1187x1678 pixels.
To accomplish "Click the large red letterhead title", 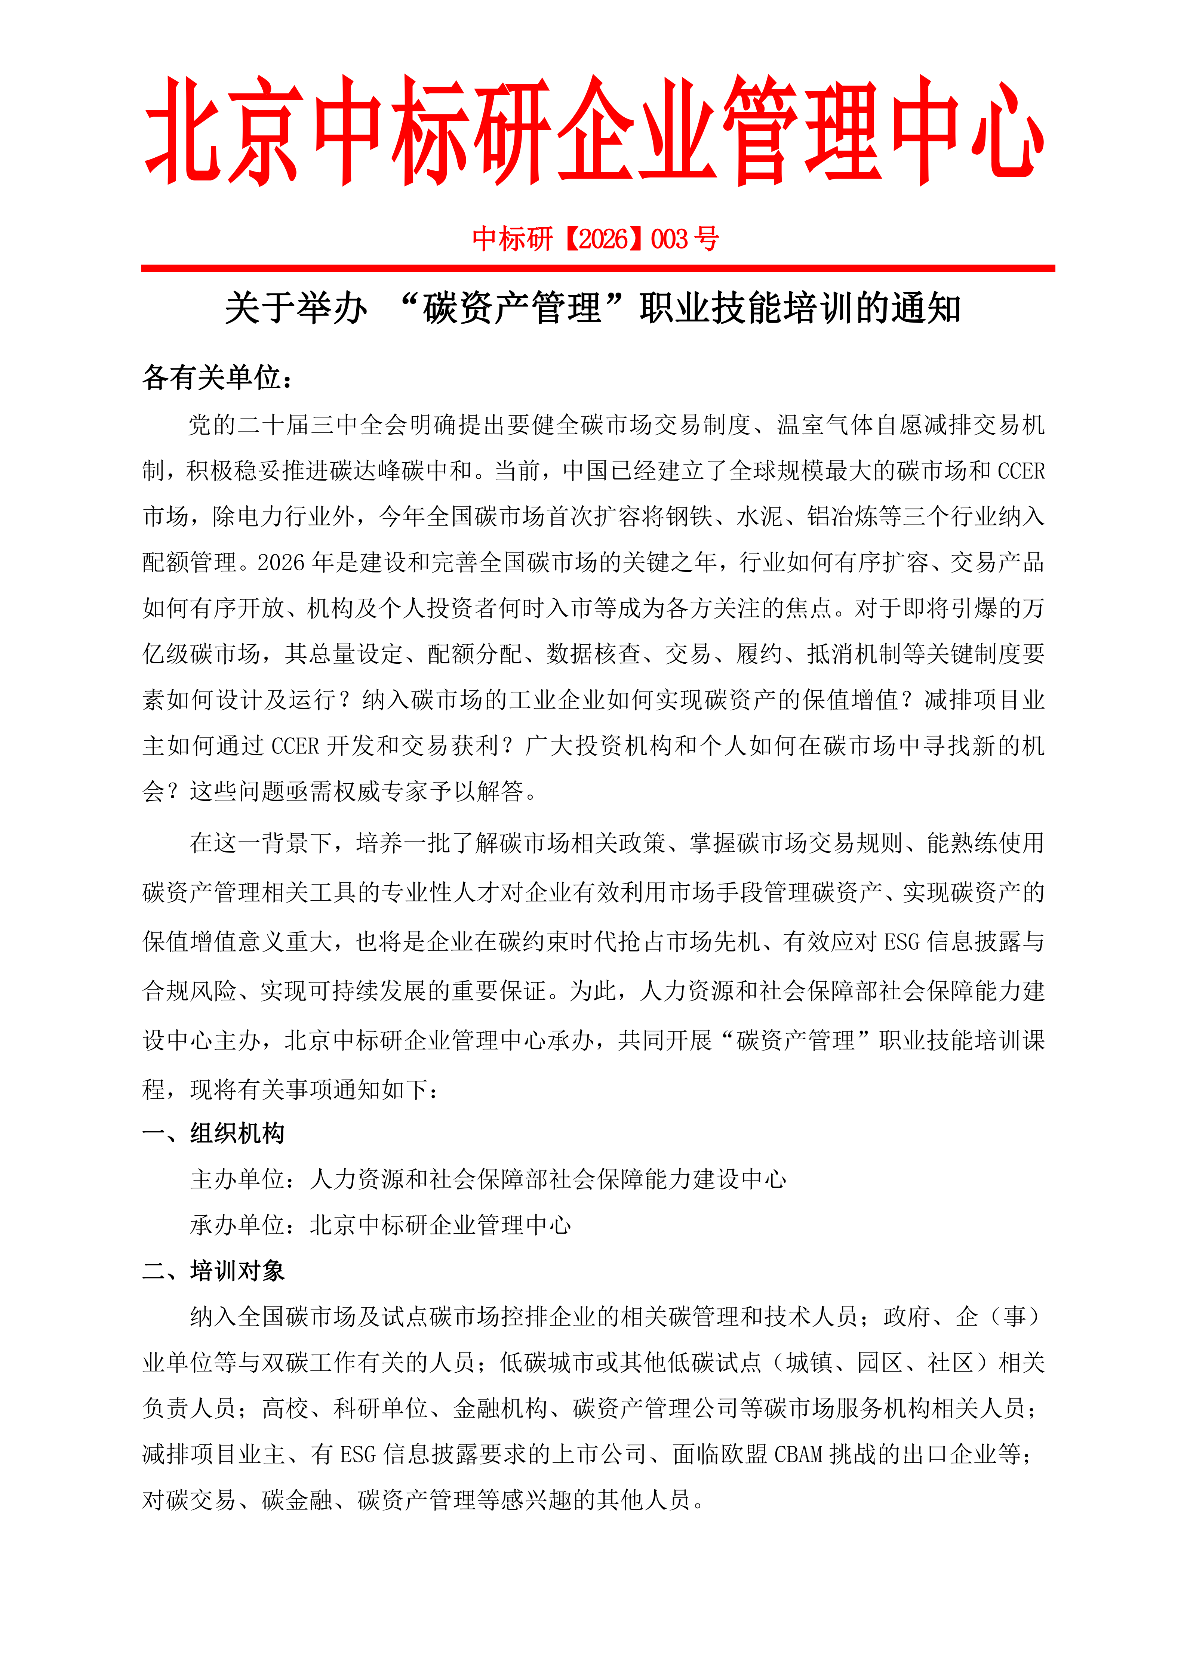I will (594, 132).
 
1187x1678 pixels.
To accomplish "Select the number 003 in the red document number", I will (669, 239).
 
